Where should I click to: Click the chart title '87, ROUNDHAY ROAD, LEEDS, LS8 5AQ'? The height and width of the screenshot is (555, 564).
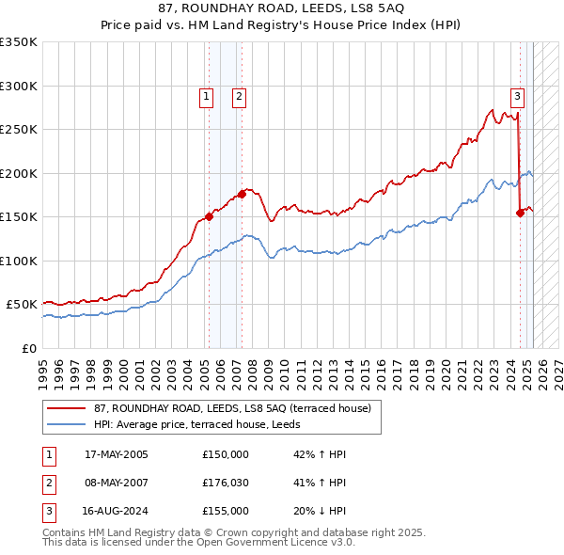pos(281,10)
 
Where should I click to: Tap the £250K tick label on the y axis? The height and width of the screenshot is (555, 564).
pos(19,130)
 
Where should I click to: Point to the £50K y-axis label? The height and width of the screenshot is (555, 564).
pos(22,305)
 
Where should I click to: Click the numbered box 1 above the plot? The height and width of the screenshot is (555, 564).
pos(206,96)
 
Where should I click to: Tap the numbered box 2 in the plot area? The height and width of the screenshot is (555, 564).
pos(239,96)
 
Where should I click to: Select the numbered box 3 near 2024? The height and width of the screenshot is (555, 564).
pos(517,95)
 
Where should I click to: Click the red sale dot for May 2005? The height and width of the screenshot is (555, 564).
pos(209,217)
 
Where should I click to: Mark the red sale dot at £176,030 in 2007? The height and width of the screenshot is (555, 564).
pos(242,195)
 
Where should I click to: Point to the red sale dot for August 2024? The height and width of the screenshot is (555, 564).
pos(520,213)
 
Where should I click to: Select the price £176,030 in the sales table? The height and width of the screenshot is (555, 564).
pos(226,484)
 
